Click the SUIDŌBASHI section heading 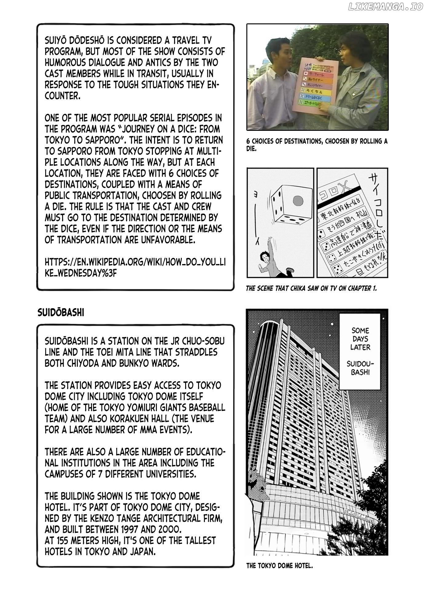(61, 312)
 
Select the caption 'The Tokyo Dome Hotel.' (279, 566)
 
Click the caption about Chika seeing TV (311, 288)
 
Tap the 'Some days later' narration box (360, 351)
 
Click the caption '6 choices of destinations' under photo (317, 145)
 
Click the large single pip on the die (298, 201)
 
